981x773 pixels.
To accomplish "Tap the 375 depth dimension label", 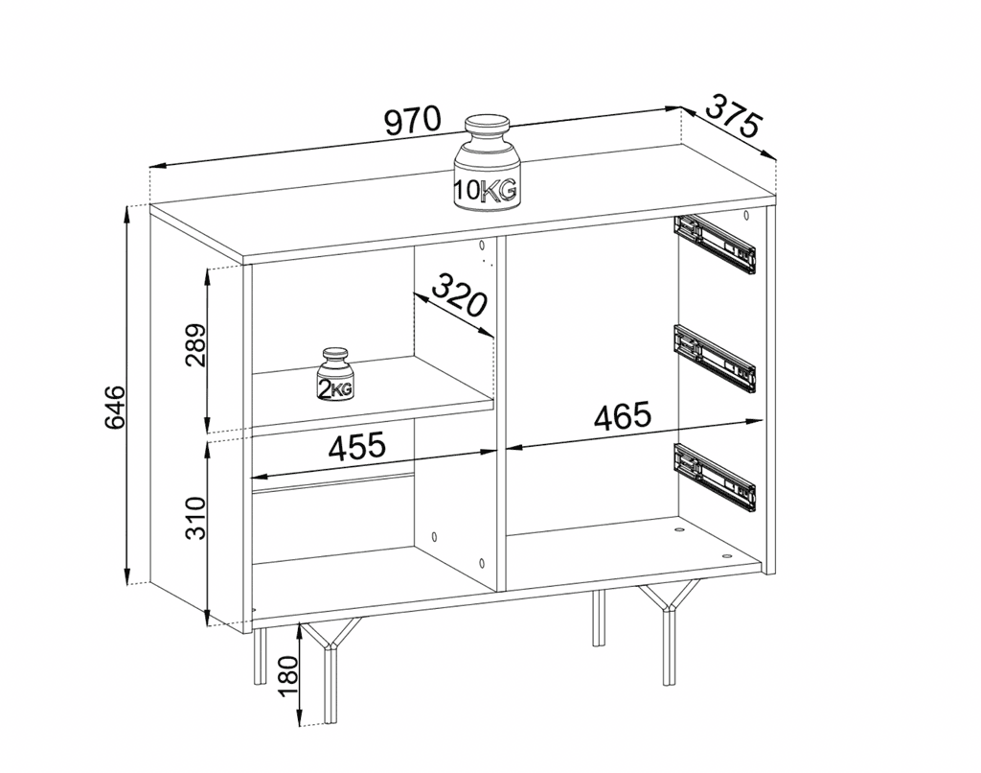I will pyautogui.click(x=734, y=117).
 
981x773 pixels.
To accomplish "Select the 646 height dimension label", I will pyautogui.click(x=113, y=407).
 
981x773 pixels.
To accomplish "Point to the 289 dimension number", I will pyautogui.click(x=194, y=346).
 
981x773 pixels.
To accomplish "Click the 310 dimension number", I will pyautogui.click(x=194, y=519).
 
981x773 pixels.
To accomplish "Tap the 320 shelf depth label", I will pyautogui.click(x=460, y=296).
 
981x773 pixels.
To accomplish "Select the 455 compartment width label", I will pyautogui.click(x=356, y=446).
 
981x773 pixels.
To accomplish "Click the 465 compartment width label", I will pyautogui.click(x=623, y=416).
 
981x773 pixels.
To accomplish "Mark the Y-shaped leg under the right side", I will pyautogui.click(x=667, y=623).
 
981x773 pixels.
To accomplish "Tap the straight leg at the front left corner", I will pyautogui.click(x=259, y=656).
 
